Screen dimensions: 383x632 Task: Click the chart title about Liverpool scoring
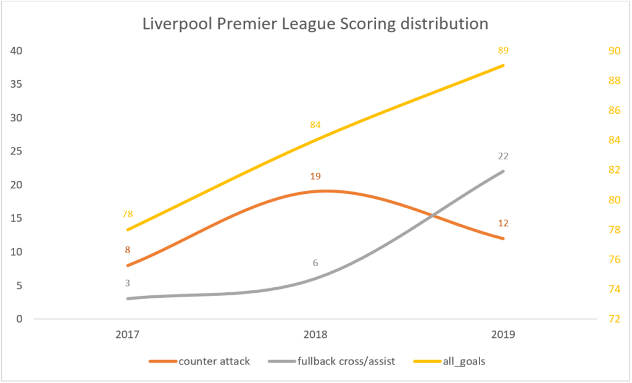tap(315, 24)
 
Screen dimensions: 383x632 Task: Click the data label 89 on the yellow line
tap(503, 50)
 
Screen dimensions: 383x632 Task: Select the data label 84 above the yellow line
tap(315, 125)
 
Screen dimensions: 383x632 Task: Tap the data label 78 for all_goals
tap(127, 214)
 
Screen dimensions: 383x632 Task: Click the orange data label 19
tap(315, 176)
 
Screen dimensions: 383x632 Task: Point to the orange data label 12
tap(503, 223)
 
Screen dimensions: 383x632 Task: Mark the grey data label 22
tap(503, 156)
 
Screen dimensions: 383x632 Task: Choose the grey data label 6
tap(315, 263)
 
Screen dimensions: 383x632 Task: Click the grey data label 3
tap(127, 284)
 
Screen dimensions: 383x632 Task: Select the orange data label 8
tap(127, 250)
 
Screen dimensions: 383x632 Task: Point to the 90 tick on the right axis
tap(615, 51)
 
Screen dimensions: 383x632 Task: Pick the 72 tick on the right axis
tap(615, 319)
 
